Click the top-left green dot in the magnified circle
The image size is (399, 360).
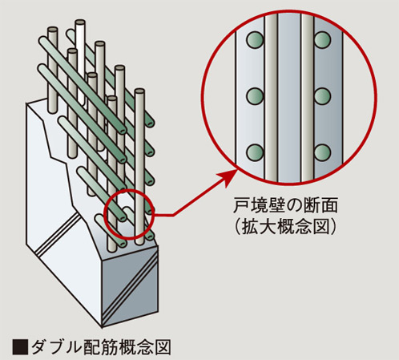point(255,39)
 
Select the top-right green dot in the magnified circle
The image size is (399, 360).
point(323,39)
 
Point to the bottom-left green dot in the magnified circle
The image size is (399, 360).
point(255,152)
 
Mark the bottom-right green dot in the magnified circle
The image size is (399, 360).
point(323,152)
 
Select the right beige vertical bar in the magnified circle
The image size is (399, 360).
point(304,96)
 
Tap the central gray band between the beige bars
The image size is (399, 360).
point(289,96)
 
